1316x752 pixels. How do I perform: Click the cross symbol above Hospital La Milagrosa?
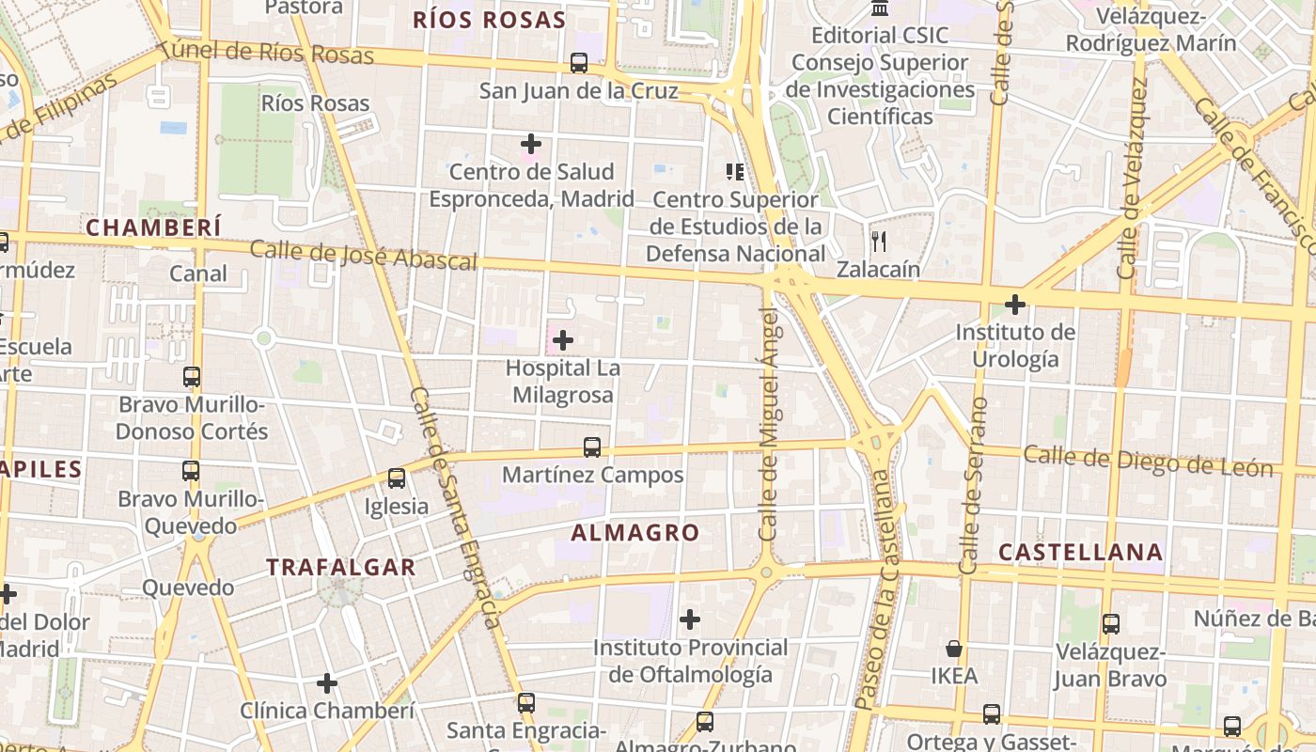(563, 339)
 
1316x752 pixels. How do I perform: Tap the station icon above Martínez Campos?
(592, 447)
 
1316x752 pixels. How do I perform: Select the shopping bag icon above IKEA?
(954, 649)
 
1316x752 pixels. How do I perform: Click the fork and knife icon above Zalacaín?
(879, 242)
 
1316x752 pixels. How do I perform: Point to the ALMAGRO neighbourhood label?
(635, 533)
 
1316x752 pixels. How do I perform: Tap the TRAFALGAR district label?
(340, 567)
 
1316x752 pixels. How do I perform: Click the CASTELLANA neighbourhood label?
(1081, 552)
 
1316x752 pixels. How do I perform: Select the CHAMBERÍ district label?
(154, 227)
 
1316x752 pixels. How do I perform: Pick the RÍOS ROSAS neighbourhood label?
(489, 20)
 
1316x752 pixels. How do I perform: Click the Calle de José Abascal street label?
(364, 256)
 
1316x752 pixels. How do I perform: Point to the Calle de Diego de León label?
(1148, 461)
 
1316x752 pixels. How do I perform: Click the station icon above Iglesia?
(397, 478)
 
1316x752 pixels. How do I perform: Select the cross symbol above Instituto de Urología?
(1015, 305)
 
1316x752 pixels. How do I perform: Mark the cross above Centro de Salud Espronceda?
(531, 144)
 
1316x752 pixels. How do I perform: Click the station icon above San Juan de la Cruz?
(579, 63)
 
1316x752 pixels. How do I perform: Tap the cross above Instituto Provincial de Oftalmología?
(690, 619)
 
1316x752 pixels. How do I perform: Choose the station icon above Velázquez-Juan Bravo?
(1111, 623)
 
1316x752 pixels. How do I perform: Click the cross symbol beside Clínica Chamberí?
(327, 683)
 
